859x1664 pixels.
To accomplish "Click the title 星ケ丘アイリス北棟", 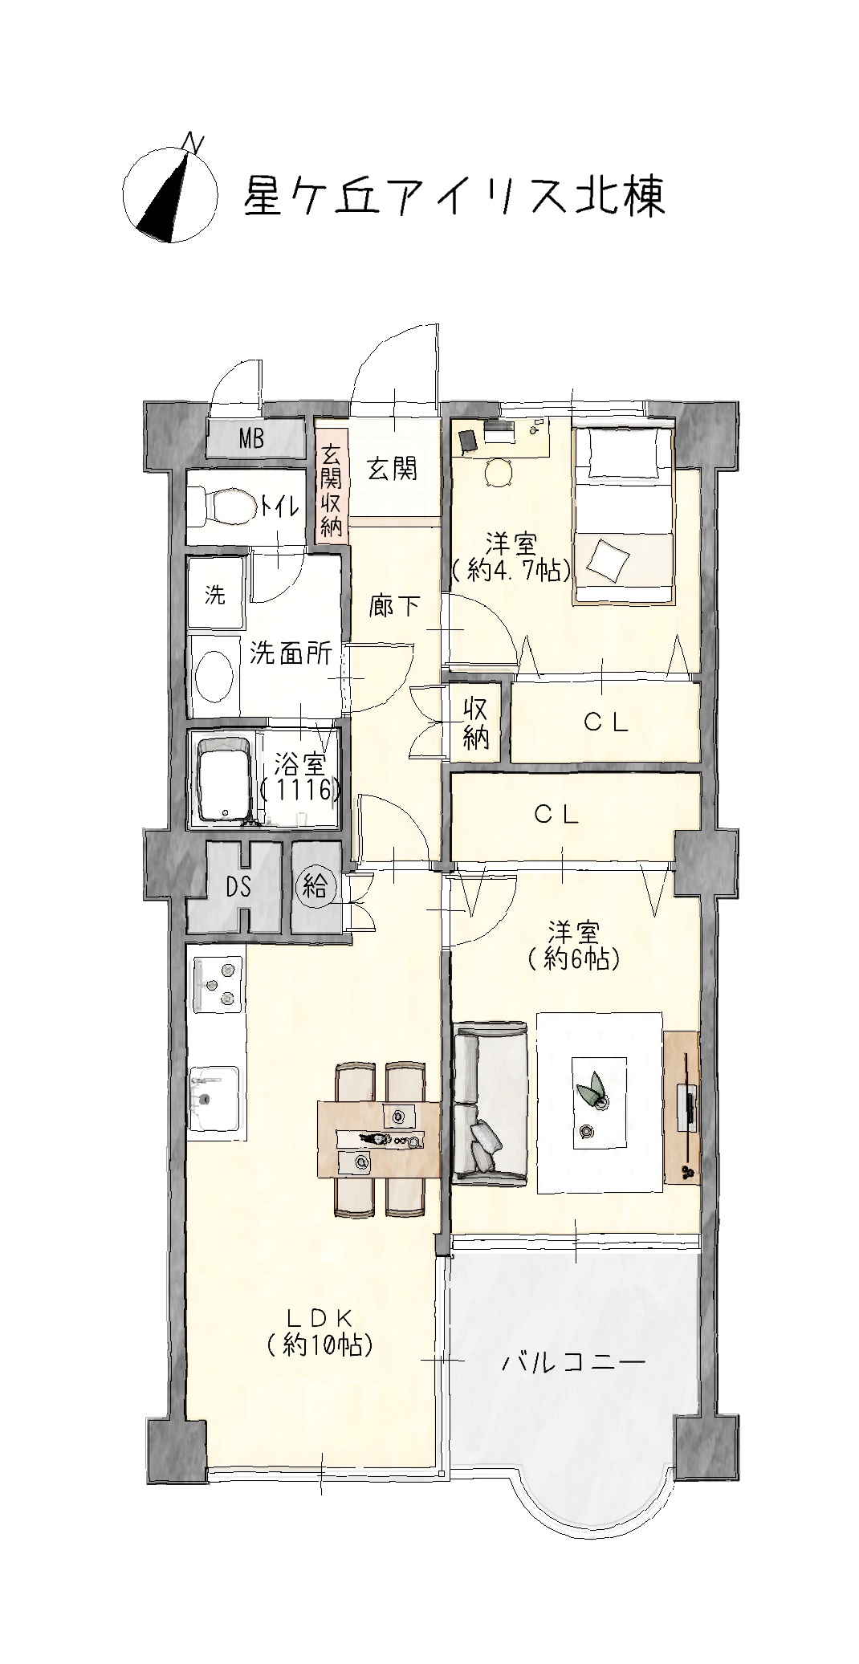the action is pos(454,197).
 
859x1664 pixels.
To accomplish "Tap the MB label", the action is pos(252,439).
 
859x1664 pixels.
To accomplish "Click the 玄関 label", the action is pos(393,469).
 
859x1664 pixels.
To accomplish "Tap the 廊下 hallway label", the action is pos(393,605).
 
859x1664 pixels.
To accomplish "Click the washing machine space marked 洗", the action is pos(215,595).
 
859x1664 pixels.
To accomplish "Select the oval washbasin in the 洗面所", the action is pos(215,676).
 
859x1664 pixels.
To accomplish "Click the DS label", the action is pos(238,887).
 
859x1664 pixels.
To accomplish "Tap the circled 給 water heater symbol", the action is pos(316,886).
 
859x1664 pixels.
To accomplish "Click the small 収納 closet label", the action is pos(475,722).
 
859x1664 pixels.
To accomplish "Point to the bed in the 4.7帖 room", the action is pos(624,515).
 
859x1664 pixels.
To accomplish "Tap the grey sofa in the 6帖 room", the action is pos(489,1102).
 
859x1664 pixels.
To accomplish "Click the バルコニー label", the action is pos(573,1362).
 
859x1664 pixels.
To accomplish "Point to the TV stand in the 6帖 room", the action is pos(682,1107).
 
